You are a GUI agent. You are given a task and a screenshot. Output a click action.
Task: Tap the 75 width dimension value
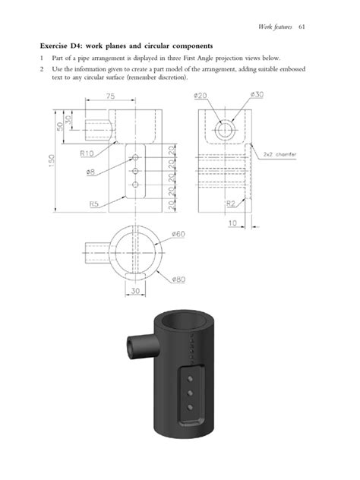coord(110,96)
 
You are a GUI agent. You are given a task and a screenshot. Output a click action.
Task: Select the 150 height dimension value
coord(54,163)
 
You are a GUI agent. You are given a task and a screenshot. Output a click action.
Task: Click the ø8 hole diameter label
coord(90,172)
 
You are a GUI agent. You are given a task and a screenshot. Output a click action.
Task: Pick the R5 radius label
coord(95,204)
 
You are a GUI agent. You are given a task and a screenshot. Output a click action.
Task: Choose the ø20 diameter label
coord(201,95)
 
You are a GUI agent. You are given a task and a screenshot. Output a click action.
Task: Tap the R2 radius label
coord(229,204)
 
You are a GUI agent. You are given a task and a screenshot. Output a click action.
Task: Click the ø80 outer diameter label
coord(178,279)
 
